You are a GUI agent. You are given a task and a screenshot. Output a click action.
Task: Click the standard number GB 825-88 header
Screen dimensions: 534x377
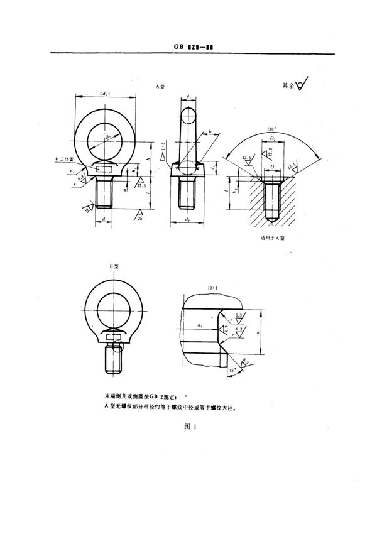189,46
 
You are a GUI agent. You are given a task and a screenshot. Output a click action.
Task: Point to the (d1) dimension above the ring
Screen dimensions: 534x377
106,94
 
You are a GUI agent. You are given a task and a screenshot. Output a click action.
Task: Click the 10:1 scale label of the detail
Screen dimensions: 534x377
210,287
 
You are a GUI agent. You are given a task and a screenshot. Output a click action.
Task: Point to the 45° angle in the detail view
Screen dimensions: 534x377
214,369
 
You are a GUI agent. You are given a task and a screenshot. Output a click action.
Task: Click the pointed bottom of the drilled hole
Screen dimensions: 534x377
273,218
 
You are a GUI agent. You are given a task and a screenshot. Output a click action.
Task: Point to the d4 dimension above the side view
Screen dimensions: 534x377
188,95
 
